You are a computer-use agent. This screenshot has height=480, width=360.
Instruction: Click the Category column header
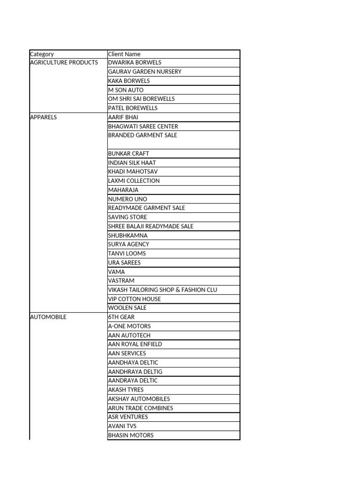tap(42, 54)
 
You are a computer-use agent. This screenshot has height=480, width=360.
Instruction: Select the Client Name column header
tap(124, 54)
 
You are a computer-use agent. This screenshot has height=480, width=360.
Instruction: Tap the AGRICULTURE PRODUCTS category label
tap(64, 63)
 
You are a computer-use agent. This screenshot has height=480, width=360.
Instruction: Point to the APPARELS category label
tap(43, 117)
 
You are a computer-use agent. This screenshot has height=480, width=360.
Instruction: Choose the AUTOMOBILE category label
tap(48, 317)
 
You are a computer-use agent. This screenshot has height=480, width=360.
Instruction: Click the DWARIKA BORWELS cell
tap(135, 63)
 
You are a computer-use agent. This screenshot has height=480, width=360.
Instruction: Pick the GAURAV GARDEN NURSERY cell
tap(144, 72)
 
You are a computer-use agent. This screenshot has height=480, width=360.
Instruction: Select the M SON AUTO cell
tap(126, 90)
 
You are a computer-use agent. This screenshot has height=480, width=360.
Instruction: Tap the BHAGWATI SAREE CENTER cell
tap(143, 127)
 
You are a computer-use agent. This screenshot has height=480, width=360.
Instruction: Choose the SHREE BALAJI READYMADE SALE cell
tap(150, 226)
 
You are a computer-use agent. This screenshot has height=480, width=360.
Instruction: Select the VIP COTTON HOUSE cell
tap(134, 299)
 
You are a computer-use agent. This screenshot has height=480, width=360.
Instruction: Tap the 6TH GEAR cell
tap(121, 317)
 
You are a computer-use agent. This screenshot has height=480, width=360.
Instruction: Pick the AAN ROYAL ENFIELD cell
tap(135, 345)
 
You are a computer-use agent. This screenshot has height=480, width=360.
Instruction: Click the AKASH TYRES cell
tap(126, 390)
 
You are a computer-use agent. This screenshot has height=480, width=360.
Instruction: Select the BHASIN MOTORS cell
tap(130, 435)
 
